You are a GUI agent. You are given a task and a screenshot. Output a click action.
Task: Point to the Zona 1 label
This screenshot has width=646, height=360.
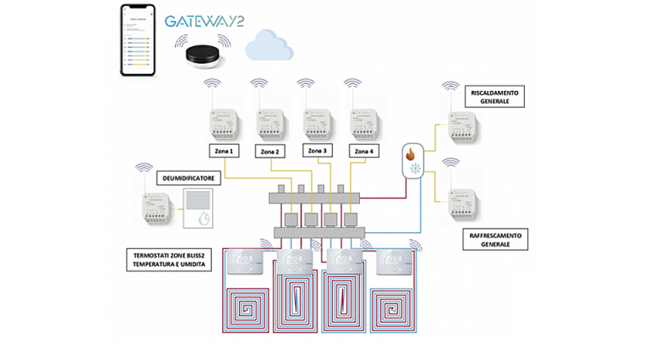224,152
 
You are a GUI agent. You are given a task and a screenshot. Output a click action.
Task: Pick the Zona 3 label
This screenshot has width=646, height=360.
318,151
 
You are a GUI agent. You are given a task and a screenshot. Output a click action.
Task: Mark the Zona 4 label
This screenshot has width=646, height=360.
364,152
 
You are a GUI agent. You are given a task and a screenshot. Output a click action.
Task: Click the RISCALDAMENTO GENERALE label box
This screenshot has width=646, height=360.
494,95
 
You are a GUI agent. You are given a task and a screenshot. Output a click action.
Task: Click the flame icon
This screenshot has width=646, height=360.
411,154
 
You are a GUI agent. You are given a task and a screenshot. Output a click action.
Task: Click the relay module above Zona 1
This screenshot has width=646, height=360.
225,124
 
